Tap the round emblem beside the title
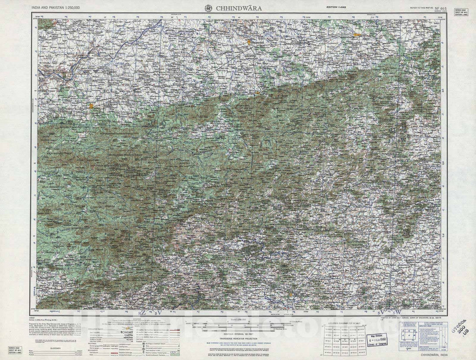pos(208,8)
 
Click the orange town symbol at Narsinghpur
pos(357,34)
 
